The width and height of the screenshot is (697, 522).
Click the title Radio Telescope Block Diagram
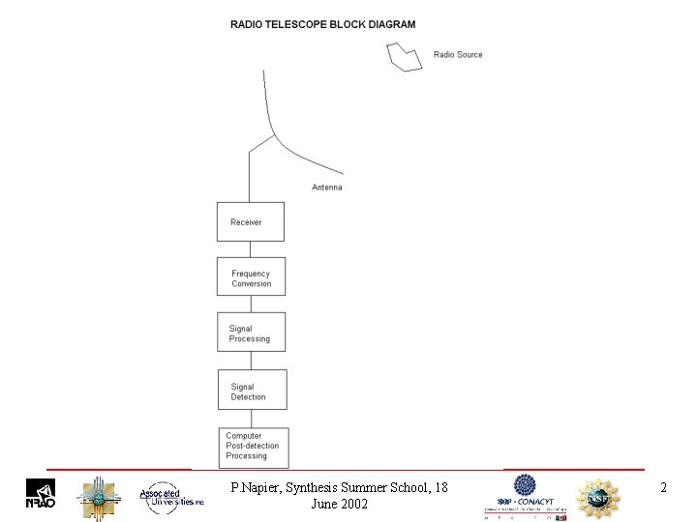point(322,24)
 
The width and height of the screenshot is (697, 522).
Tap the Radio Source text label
point(458,55)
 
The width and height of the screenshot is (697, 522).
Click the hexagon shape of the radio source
point(405,56)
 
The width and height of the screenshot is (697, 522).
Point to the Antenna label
point(326,188)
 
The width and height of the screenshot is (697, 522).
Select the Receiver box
point(251,221)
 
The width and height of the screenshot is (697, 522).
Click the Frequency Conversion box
point(251,277)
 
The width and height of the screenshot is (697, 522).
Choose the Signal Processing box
point(251,333)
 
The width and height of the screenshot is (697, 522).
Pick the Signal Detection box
point(252,391)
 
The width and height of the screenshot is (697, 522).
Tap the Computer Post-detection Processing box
point(255,446)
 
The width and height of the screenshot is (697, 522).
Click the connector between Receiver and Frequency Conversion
point(251,248)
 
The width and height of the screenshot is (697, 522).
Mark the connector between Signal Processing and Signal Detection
point(251,362)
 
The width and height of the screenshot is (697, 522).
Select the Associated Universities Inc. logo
point(170,496)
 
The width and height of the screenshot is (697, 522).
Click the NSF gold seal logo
point(597,497)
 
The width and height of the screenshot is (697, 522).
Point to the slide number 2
point(663,488)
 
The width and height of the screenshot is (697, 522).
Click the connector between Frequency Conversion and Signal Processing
point(251,304)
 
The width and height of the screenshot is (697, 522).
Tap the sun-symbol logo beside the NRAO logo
point(98,497)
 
